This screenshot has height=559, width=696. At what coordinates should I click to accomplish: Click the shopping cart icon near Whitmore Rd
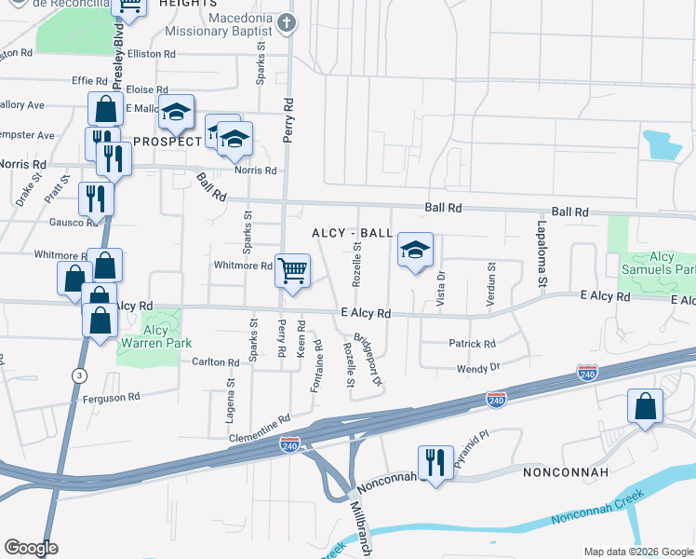coord(292,270)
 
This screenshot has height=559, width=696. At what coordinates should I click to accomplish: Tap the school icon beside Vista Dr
coord(416,250)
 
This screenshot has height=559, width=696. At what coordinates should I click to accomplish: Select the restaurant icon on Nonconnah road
coord(435,461)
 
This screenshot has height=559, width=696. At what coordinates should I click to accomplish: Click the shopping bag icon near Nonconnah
coord(645,406)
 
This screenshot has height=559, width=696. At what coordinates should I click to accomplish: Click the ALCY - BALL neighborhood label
coord(353,233)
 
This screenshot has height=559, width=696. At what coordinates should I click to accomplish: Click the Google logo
coord(31,548)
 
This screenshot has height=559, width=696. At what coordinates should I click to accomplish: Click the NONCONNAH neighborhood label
coord(566,472)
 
